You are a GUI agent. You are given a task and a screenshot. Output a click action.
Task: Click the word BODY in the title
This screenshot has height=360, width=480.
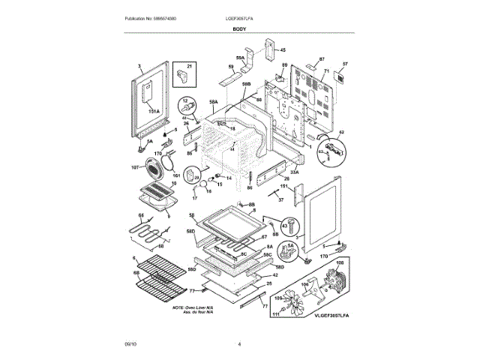point(240,28)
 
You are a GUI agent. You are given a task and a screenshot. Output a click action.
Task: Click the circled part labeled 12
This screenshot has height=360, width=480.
point(186,107)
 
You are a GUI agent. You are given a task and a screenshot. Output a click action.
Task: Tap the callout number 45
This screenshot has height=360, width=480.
point(283,50)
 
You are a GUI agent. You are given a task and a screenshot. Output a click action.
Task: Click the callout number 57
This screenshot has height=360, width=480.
point(346,64)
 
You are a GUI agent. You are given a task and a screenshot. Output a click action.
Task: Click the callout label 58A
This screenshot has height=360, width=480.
point(213,100)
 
